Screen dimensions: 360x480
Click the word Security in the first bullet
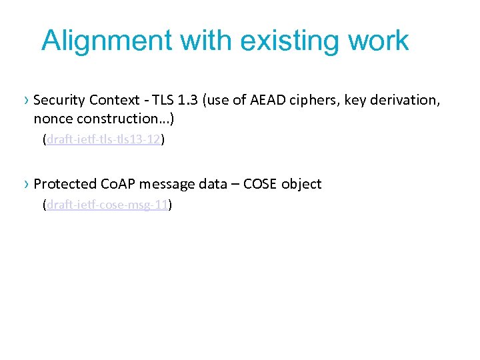[57, 101]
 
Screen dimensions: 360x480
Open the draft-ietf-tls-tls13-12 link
[103, 141]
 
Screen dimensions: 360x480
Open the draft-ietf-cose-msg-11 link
[107, 206]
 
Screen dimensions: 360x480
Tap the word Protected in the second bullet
[64, 184]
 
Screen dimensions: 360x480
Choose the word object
[301, 184]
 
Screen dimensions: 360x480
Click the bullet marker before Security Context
[25, 101]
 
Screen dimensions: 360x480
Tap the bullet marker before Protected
[25, 184]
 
